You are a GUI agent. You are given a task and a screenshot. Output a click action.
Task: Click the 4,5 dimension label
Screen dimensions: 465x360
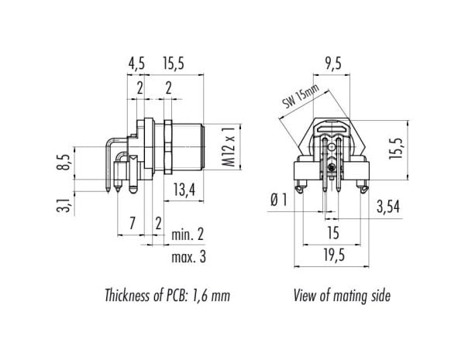pos(136,63)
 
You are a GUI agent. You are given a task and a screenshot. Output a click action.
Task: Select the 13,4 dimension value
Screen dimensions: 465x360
pos(184,190)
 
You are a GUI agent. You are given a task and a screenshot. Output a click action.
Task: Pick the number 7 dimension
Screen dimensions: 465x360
pos(133,223)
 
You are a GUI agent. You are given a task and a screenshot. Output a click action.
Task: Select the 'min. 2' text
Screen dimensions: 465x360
pos(188,235)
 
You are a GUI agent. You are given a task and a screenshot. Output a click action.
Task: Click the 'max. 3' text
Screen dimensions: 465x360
pos(188,257)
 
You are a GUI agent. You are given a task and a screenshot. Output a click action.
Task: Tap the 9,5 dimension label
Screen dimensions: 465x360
pos(333,63)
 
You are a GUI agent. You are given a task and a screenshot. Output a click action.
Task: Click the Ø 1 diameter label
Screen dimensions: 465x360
pos(279,200)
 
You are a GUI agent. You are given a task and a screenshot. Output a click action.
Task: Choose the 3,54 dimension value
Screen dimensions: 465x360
pos(388,207)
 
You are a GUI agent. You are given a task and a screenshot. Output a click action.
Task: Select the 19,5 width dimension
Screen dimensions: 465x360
pos(335,255)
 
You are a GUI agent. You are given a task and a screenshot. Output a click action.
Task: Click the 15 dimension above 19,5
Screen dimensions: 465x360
pos(333,233)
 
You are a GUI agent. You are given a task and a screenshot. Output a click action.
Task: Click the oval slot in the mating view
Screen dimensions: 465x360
pos(332,129)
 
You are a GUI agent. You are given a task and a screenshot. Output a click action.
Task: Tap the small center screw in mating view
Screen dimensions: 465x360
pos(331,169)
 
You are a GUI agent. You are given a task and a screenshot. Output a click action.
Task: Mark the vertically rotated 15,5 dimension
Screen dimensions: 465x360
pos(397,148)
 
